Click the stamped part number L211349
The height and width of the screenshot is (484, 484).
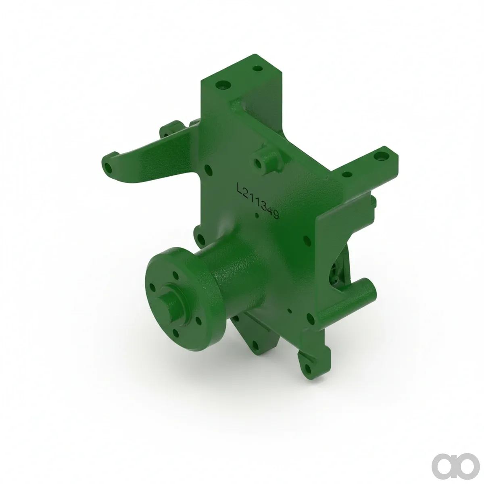(258, 200)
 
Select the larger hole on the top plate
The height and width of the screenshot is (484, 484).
(223, 85)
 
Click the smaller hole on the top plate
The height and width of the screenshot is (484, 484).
(257, 68)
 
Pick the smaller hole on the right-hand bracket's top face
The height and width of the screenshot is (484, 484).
(347, 174)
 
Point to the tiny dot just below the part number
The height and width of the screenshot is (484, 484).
(257, 215)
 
